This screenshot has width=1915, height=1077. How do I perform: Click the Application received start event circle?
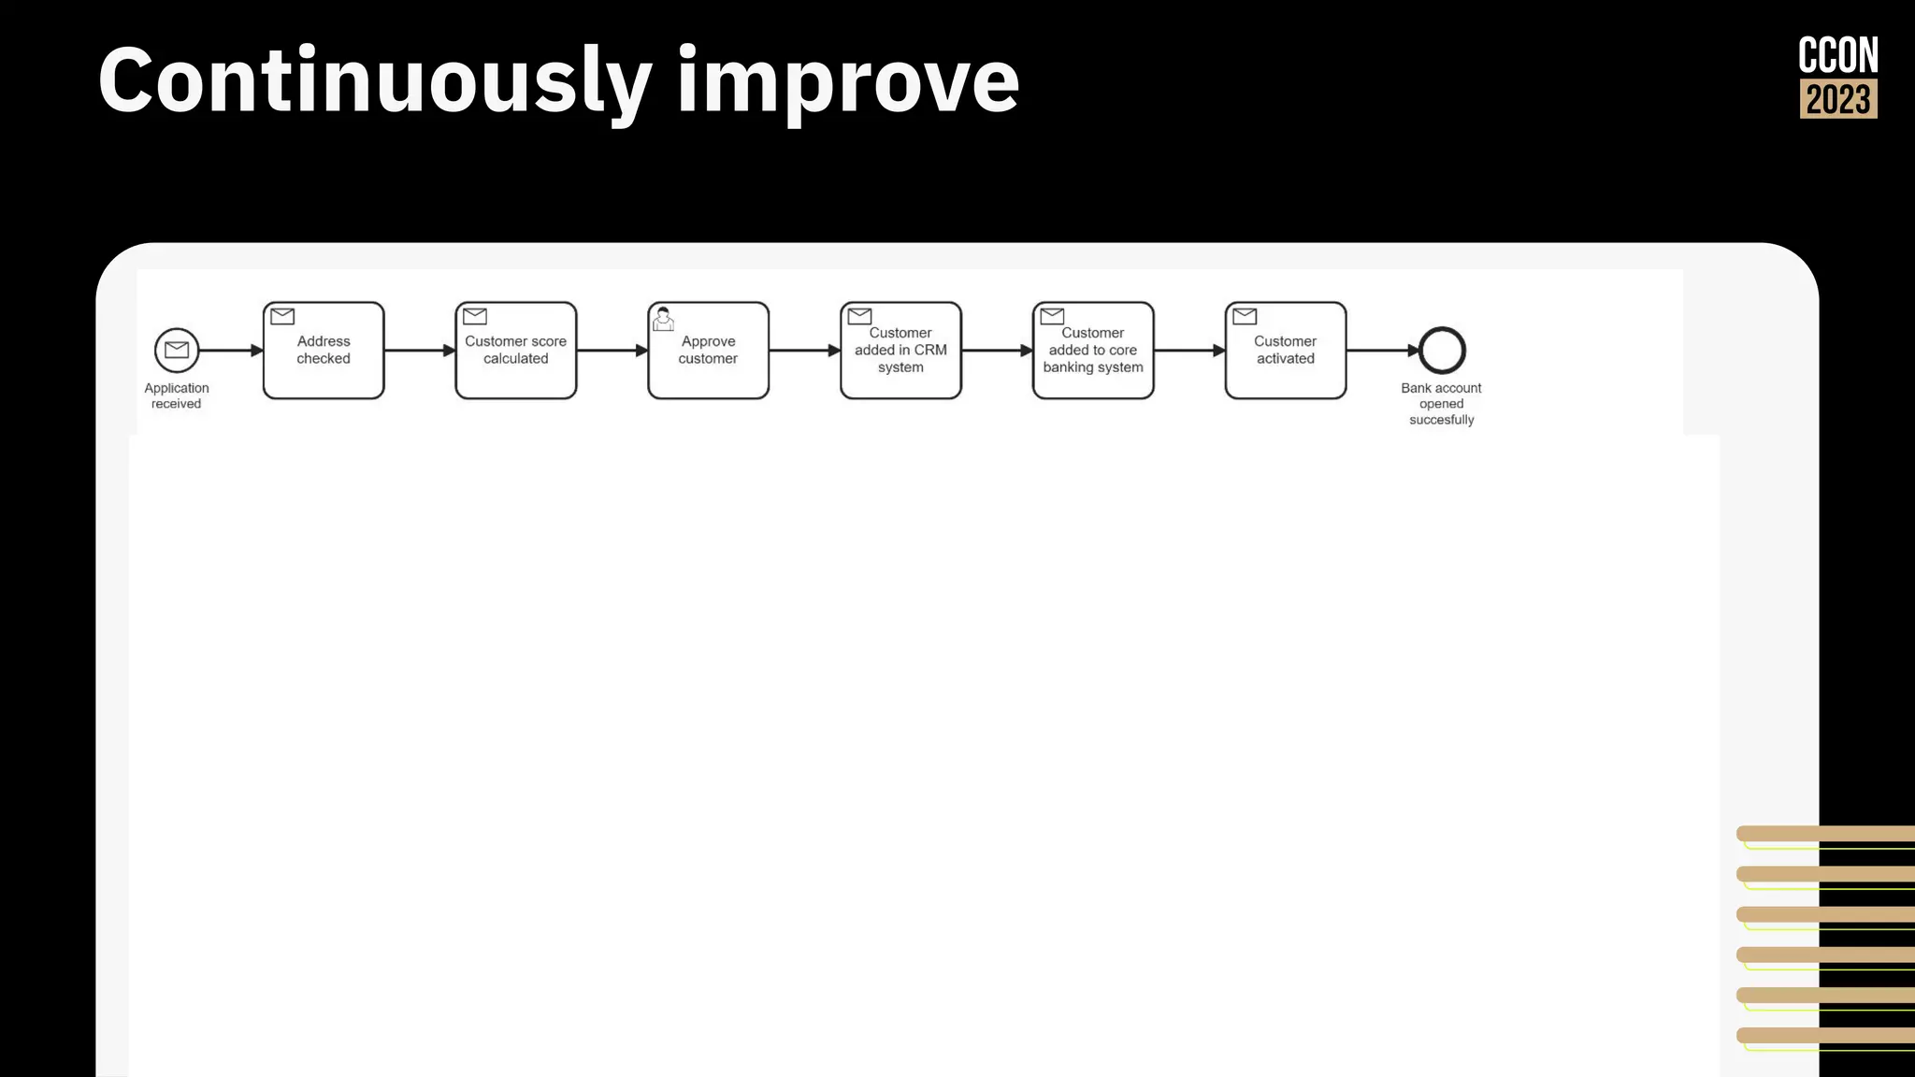pos(177,351)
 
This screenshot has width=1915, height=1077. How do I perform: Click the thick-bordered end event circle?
pos(1442,351)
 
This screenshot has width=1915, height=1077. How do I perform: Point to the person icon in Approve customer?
pos(663,319)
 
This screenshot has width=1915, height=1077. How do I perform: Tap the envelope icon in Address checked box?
pos(282,316)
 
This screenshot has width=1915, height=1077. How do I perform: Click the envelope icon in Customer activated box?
pos(1245,316)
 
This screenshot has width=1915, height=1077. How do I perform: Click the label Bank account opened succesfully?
pos(1441,404)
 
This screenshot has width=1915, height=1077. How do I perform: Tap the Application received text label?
pos(177,395)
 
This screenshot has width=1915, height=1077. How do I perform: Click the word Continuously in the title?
pos(374,82)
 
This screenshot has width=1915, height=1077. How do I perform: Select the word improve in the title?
pos(848,82)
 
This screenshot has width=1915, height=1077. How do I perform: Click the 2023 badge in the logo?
pos(1838,99)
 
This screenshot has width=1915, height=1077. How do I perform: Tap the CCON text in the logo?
pos(1838,55)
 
